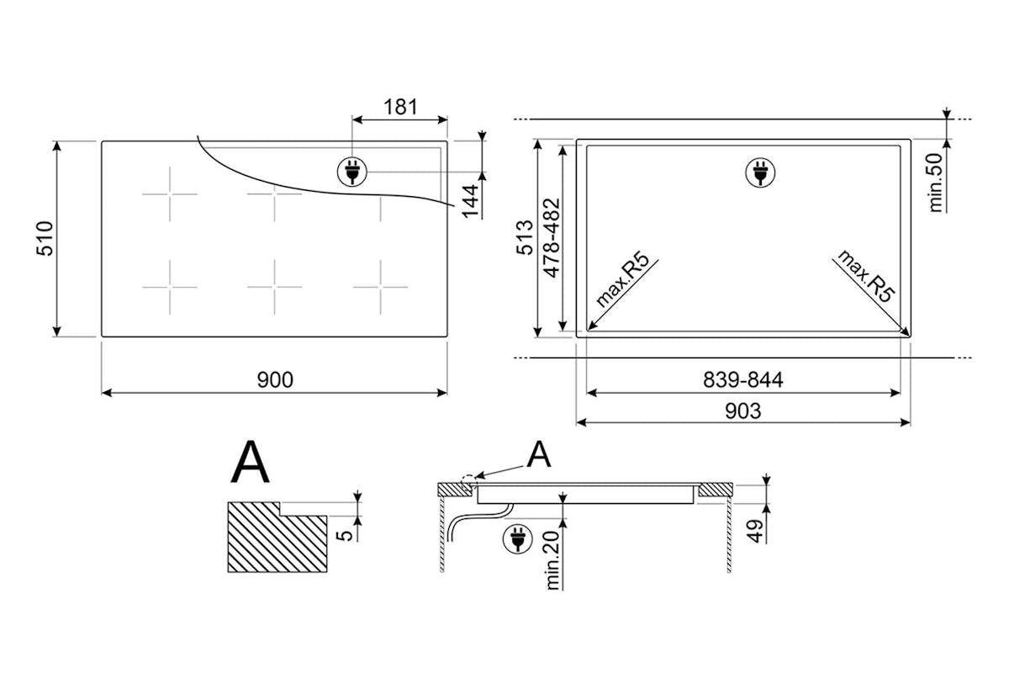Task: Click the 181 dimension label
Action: click(400, 108)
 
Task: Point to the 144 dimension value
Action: click(470, 201)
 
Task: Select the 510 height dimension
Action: click(45, 238)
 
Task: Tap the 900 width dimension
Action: click(275, 379)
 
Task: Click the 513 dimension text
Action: click(525, 237)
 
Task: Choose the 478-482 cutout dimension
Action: click(552, 237)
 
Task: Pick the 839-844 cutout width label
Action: click(743, 380)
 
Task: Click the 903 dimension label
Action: click(743, 411)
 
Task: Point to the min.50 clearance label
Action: click(936, 183)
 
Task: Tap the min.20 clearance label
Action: click(552, 560)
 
